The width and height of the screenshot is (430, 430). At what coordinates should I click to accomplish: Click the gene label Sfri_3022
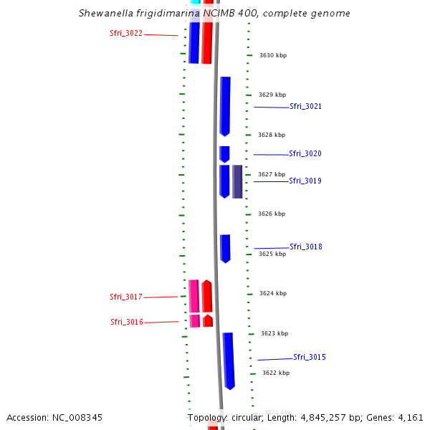[x=126, y=34]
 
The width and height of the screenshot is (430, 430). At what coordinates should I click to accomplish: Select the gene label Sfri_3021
[x=305, y=107]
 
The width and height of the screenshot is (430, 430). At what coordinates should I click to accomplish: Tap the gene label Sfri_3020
[x=305, y=154]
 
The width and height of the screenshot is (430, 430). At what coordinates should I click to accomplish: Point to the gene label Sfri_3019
[x=305, y=181]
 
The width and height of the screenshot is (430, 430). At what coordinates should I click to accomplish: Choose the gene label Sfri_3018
[x=306, y=247]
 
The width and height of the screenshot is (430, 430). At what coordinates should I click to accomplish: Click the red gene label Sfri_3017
[x=126, y=297]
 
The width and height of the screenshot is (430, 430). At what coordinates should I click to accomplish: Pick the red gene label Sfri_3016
[x=127, y=322]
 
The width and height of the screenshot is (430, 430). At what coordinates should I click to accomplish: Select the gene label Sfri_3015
[x=310, y=358]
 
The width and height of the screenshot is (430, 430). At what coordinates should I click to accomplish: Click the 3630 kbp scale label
[x=272, y=55]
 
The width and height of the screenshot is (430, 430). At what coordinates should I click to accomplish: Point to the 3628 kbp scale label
[x=272, y=135]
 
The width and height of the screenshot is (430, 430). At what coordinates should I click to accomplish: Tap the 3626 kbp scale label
[x=272, y=214]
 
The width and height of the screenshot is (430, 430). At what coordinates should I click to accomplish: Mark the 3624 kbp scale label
[x=273, y=293]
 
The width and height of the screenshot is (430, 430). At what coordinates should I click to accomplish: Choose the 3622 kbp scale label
[x=276, y=373]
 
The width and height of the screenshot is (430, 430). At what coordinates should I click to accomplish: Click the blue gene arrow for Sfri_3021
[x=225, y=106]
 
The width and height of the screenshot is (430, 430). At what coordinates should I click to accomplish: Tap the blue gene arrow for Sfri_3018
[x=225, y=248]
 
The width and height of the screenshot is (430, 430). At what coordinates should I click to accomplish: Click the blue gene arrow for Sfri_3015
[x=229, y=360]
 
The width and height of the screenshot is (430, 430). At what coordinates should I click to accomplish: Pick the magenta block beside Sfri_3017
[x=193, y=296]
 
